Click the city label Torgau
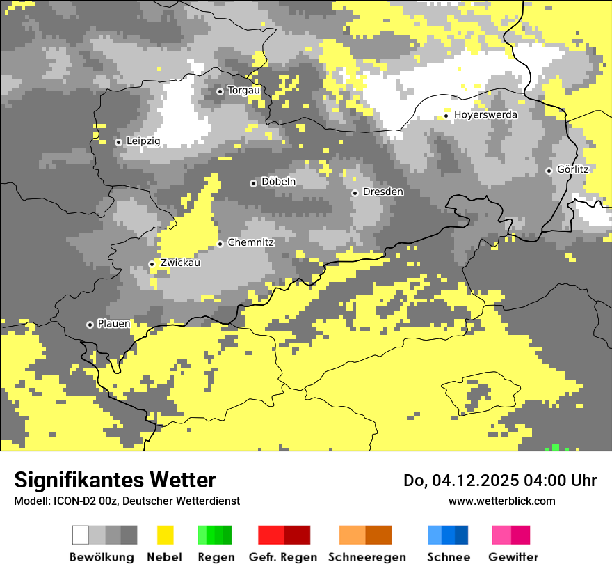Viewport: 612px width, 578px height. pyautogui.click(x=243, y=91)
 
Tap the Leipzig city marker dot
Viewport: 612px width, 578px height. pyautogui.click(x=118, y=142)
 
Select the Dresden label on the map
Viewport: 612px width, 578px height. pyautogui.click(x=382, y=192)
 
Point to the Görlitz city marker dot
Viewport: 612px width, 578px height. pyautogui.click(x=549, y=171)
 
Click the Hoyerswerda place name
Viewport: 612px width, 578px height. pyautogui.click(x=485, y=115)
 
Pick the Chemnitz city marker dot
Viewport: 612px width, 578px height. pyautogui.click(x=220, y=244)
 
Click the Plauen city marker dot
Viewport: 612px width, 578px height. pyautogui.click(x=90, y=325)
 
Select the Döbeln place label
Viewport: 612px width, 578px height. pyautogui.click(x=278, y=182)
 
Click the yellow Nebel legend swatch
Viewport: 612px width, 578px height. pyautogui.click(x=165, y=535)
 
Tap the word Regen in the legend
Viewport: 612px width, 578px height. pyautogui.click(x=215, y=557)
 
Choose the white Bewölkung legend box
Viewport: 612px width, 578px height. pyautogui.click(x=81, y=535)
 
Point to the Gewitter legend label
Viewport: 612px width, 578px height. pyautogui.click(x=513, y=557)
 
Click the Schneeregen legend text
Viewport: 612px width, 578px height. pyautogui.click(x=367, y=557)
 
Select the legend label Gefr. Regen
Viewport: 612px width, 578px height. pyautogui.click(x=283, y=557)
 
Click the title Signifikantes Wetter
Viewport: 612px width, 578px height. pyautogui.click(x=115, y=480)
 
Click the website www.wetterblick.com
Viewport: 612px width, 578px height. pyautogui.click(x=501, y=501)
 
